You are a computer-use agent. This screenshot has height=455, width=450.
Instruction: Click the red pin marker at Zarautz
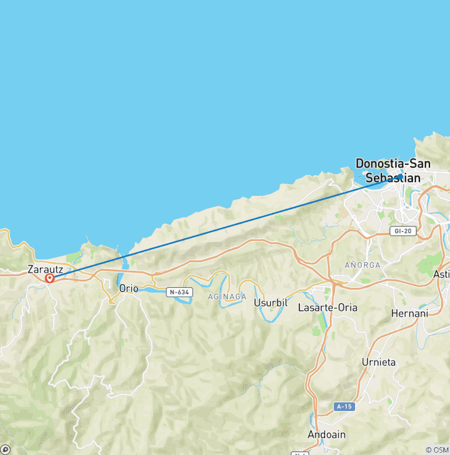click(50, 279)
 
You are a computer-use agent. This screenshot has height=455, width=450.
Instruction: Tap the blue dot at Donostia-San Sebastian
click(400, 176)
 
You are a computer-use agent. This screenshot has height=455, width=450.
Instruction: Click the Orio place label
click(128, 288)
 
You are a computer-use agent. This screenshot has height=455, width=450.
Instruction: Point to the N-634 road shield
click(179, 291)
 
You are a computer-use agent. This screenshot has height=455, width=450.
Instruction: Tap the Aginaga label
click(227, 297)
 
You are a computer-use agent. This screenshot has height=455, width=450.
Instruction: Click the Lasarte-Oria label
click(328, 307)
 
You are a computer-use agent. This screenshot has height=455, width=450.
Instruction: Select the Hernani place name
click(410, 314)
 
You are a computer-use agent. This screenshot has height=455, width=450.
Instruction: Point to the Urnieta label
click(379, 362)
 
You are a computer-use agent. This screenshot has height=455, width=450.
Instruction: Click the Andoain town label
click(327, 434)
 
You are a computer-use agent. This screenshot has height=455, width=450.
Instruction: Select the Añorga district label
click(362, 265)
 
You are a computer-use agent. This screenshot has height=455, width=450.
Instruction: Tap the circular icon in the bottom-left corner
click(5, 450)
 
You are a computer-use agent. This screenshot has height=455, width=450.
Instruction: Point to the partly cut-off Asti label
click(441, 274)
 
